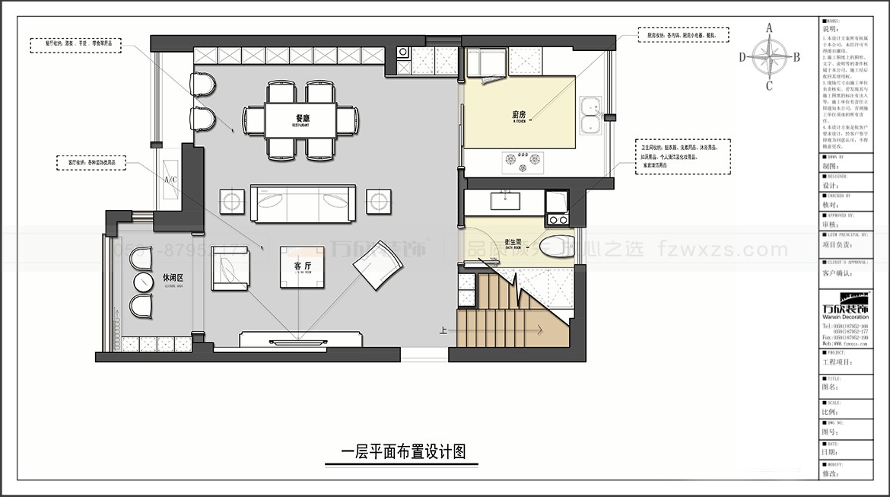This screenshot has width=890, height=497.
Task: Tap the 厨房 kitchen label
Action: (x=520, y=115)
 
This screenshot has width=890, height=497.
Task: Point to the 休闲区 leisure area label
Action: (x=173, y=278)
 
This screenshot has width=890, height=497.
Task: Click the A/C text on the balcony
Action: (x=170, y=180)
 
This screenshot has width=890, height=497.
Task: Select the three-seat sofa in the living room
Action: (x=304, y=202)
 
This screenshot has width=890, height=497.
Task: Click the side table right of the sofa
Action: (x=378, y=201)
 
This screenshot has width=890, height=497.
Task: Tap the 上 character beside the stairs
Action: (x=443, y=330)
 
